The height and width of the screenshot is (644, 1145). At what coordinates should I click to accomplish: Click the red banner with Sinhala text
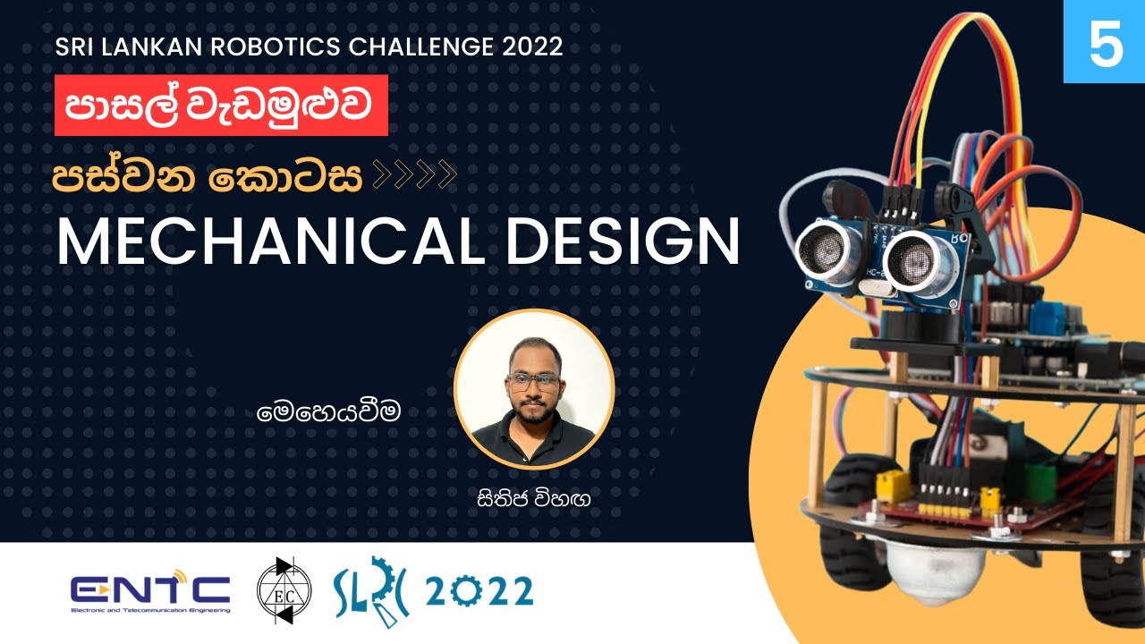pos(221,106)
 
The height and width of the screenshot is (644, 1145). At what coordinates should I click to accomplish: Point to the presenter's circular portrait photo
pos(534,389)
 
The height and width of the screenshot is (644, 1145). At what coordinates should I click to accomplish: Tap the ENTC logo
pos(150,592)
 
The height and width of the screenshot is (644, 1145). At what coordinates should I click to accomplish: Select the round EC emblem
pos(284,591)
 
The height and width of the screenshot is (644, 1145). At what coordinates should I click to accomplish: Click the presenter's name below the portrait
pos(534,498)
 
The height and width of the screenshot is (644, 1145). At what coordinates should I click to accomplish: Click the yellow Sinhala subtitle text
pos(208,176)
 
